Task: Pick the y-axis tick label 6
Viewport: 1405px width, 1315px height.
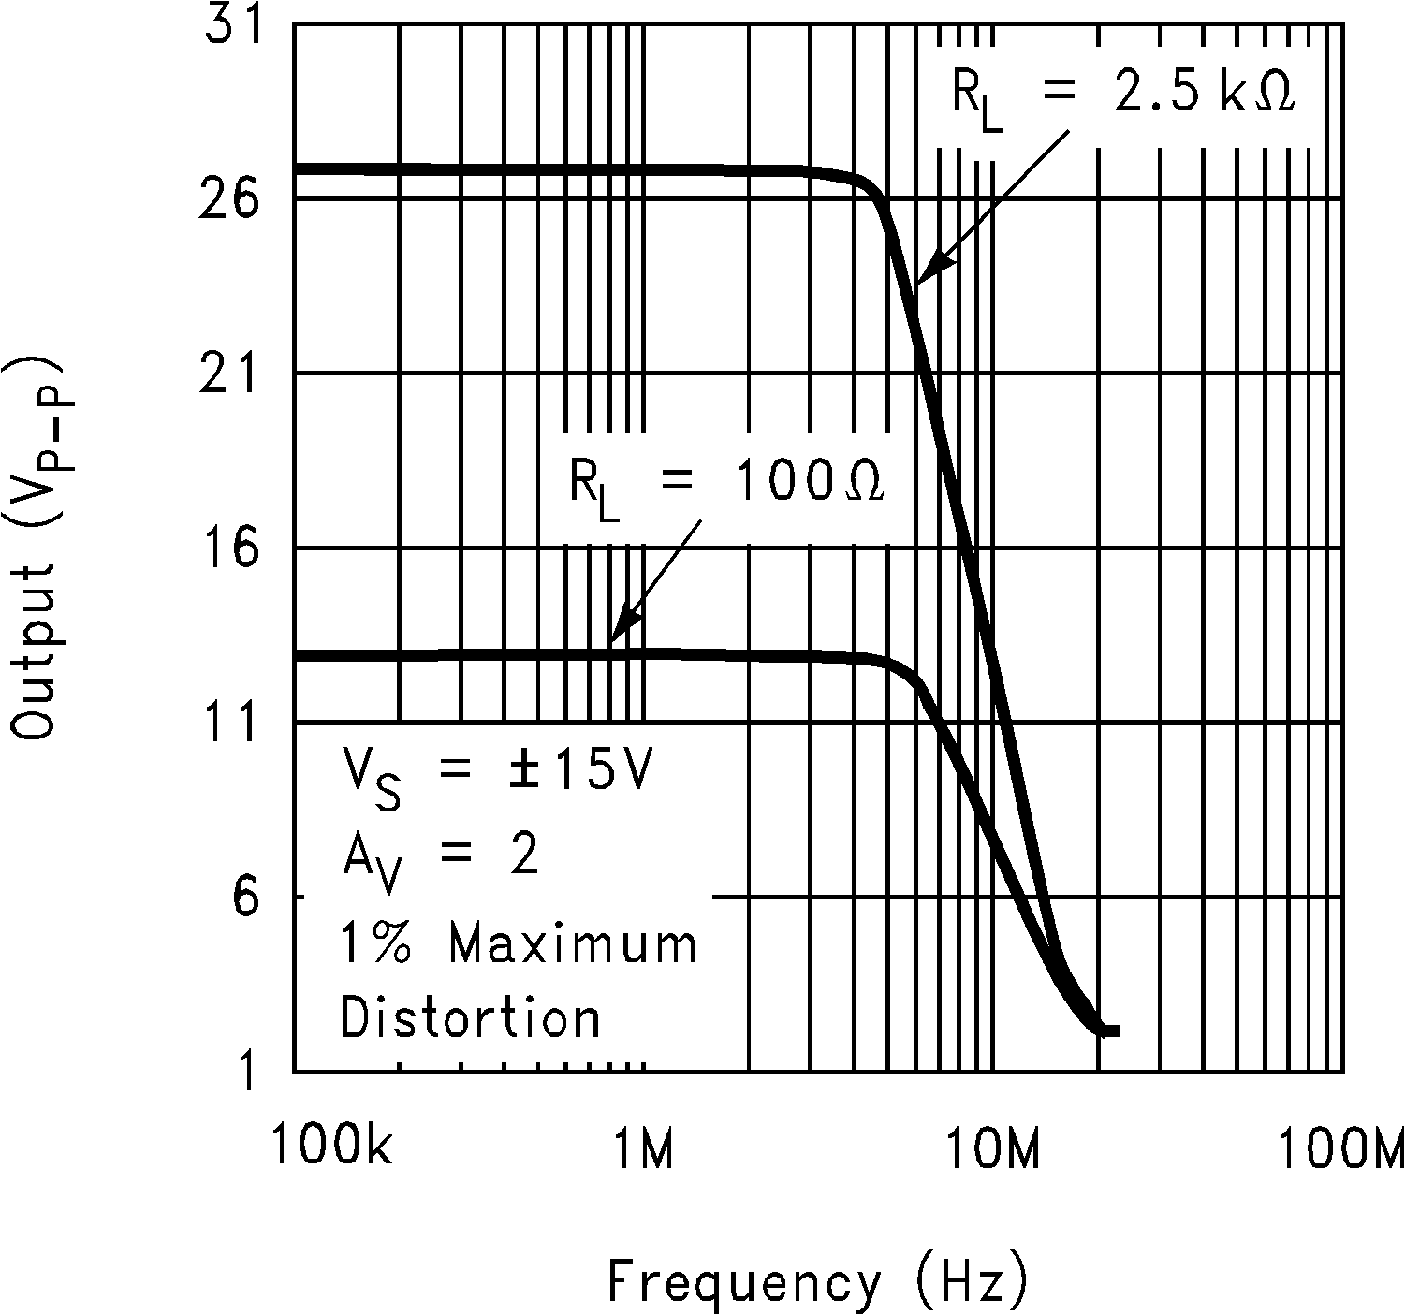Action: pyautogui.click(x=243, y=899)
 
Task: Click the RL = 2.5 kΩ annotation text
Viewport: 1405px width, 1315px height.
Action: pyautogui.click(x=1123, y=95)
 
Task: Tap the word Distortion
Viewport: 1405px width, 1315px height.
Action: pyautogui.click(x=470, y=1017)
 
